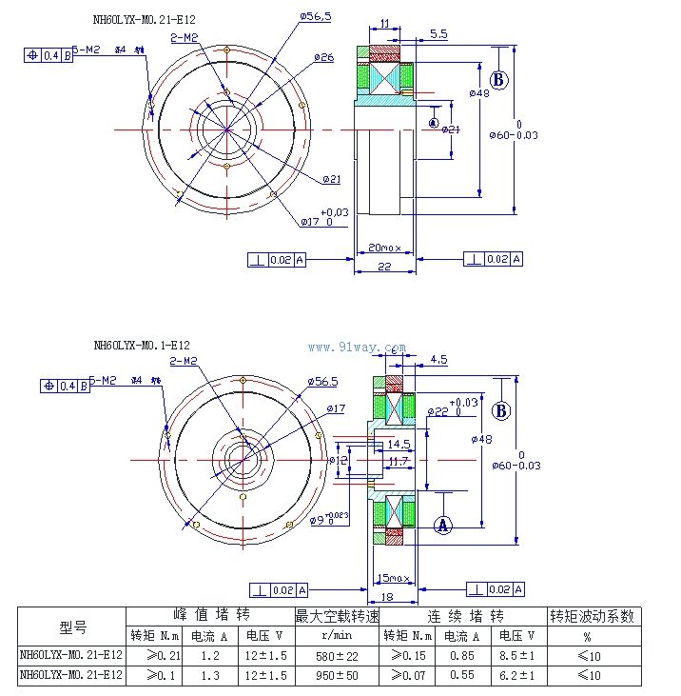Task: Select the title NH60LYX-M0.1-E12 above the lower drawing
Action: (142, 345)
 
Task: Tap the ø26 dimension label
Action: (323, 58)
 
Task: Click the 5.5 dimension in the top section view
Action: (438, 34)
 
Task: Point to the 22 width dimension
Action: (384, 268)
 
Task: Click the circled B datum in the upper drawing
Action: (500, 79)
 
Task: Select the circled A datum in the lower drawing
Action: (442, 524)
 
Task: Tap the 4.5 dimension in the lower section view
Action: (438, 360)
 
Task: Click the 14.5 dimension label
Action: (399, 444)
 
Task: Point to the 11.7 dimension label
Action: (399, 461)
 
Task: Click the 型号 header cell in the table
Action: (72, 626)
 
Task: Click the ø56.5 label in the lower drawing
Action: (322, 381)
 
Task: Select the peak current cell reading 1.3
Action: (210, 675)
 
